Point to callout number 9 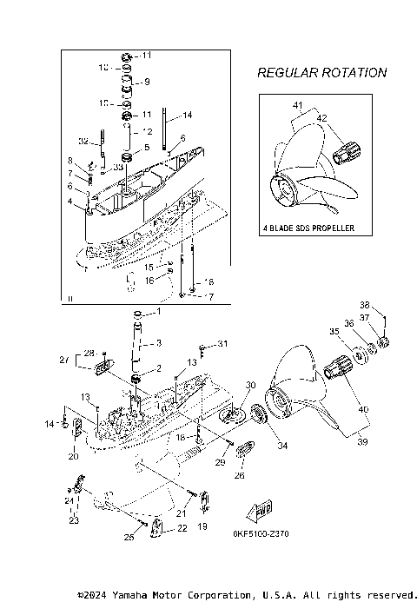pyautogui.click(x=146, y=82)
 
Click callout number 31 pyautogui.click(x=222, y=344)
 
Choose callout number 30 pyautogui.click(x=250, y=385)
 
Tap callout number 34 pyautogui.click(x=281, y=447)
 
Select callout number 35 pyautogui.click(x=334, y=331)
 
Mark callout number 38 pyautogui.click(x=365, y=305)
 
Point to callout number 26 pyautogui.click(x=240, y=475)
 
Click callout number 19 pyautogui.click(x=203, y=526)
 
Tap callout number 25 pyautogui.click(x=128, y=538)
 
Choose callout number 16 pyautogui.click(x=149, y=280)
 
